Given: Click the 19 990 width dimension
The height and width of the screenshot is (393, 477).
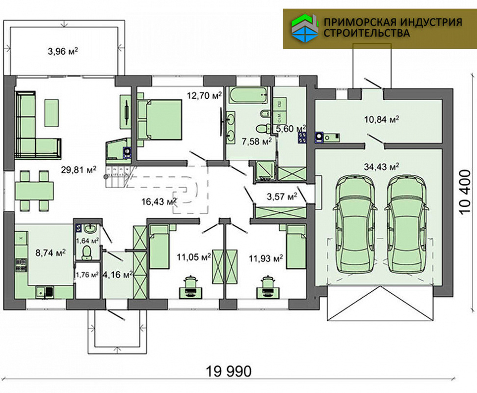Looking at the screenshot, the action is click(229, 371).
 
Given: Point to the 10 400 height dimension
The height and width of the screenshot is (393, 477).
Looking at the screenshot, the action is click(465, 192).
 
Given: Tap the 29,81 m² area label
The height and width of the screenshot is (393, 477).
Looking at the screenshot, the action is click(79, 169).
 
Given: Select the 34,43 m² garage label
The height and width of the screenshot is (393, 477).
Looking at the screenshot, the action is click(381, 167).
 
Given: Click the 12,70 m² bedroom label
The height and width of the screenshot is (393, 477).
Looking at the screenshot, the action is click(204, 95).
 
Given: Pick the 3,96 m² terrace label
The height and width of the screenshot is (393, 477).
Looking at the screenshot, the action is click(63, 51).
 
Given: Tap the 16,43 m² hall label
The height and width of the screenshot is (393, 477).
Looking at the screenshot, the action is click(159, 201).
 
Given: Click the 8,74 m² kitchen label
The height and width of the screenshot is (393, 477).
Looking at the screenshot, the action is click(51, 253).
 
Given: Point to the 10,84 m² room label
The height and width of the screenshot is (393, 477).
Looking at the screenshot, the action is click(381, 119).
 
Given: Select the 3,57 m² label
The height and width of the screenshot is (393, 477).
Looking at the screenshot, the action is click(282, 196).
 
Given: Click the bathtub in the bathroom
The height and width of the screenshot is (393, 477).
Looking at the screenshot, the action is click(249, 95).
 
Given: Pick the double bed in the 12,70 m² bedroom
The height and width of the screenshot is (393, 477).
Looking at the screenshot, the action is click(159, 120).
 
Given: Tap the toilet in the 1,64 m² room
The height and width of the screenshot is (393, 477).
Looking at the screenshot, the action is click(87, 253).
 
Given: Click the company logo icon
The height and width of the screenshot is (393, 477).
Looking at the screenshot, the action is click(305, 28).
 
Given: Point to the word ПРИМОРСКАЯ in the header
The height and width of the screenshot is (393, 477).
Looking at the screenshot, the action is click(358, 22).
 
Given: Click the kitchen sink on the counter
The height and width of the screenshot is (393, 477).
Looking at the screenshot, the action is click(45, 292).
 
